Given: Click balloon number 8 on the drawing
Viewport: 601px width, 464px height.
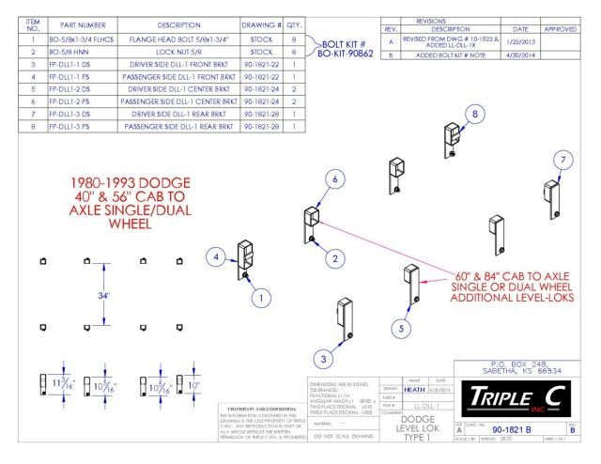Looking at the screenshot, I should [x=475, y=114].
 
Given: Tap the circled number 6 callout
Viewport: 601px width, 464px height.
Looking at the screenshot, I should [x=333, y=178].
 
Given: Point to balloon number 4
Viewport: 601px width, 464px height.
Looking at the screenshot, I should [x=215, y=256].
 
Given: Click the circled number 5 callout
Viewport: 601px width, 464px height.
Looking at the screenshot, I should [x=401, y=328].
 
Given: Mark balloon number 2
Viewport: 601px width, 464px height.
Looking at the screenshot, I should [x=335, y=256].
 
